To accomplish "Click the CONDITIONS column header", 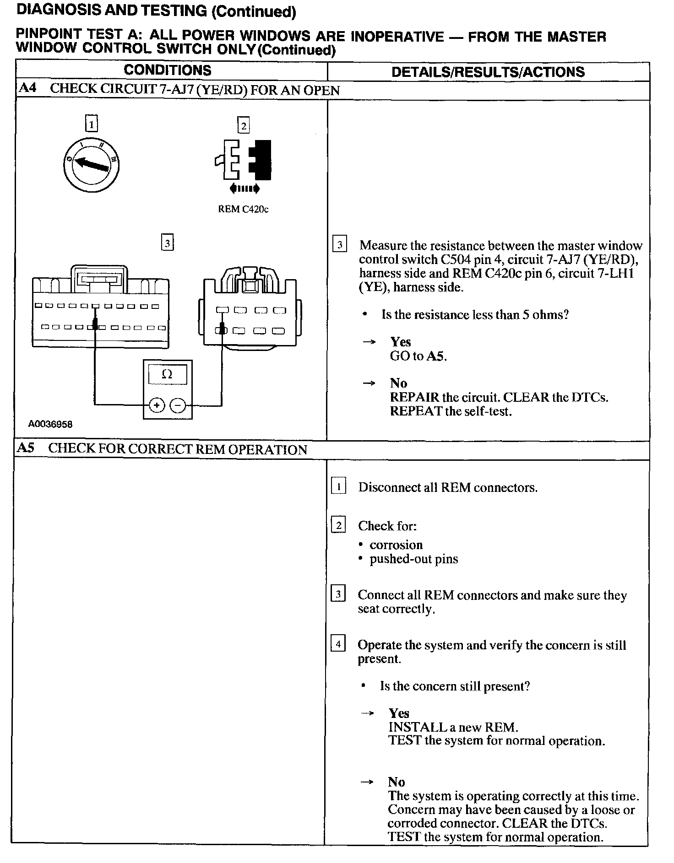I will click(x=168, y=70).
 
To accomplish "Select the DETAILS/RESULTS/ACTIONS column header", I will click(x=488, y=72).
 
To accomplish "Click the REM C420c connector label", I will click(x=243, y=210).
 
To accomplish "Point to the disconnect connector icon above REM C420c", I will click(x=243, y=161).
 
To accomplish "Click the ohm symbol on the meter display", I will click(x=167, y=375).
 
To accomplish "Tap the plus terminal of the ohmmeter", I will click(x=157, y=405).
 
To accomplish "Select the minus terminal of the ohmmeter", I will click(x=178, y=405).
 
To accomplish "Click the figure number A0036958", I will click(x=50, y=424).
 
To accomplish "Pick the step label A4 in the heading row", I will click(x=27, y=88).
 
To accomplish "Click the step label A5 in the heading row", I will click(x=26, y=448).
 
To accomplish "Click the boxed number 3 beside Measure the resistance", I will click(x=339, y=245).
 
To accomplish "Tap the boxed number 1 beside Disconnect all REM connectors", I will click(x=338, y=487).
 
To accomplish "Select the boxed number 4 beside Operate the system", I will click(x=338, y=644).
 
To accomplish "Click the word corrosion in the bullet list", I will click(x=396, y=545).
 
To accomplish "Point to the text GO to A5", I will click(x=418, y=356).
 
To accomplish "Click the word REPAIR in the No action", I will click(x=414, y=397).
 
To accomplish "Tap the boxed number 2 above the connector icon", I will click(x=243, y=125).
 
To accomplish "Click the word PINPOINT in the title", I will click(x=48, y=35).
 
